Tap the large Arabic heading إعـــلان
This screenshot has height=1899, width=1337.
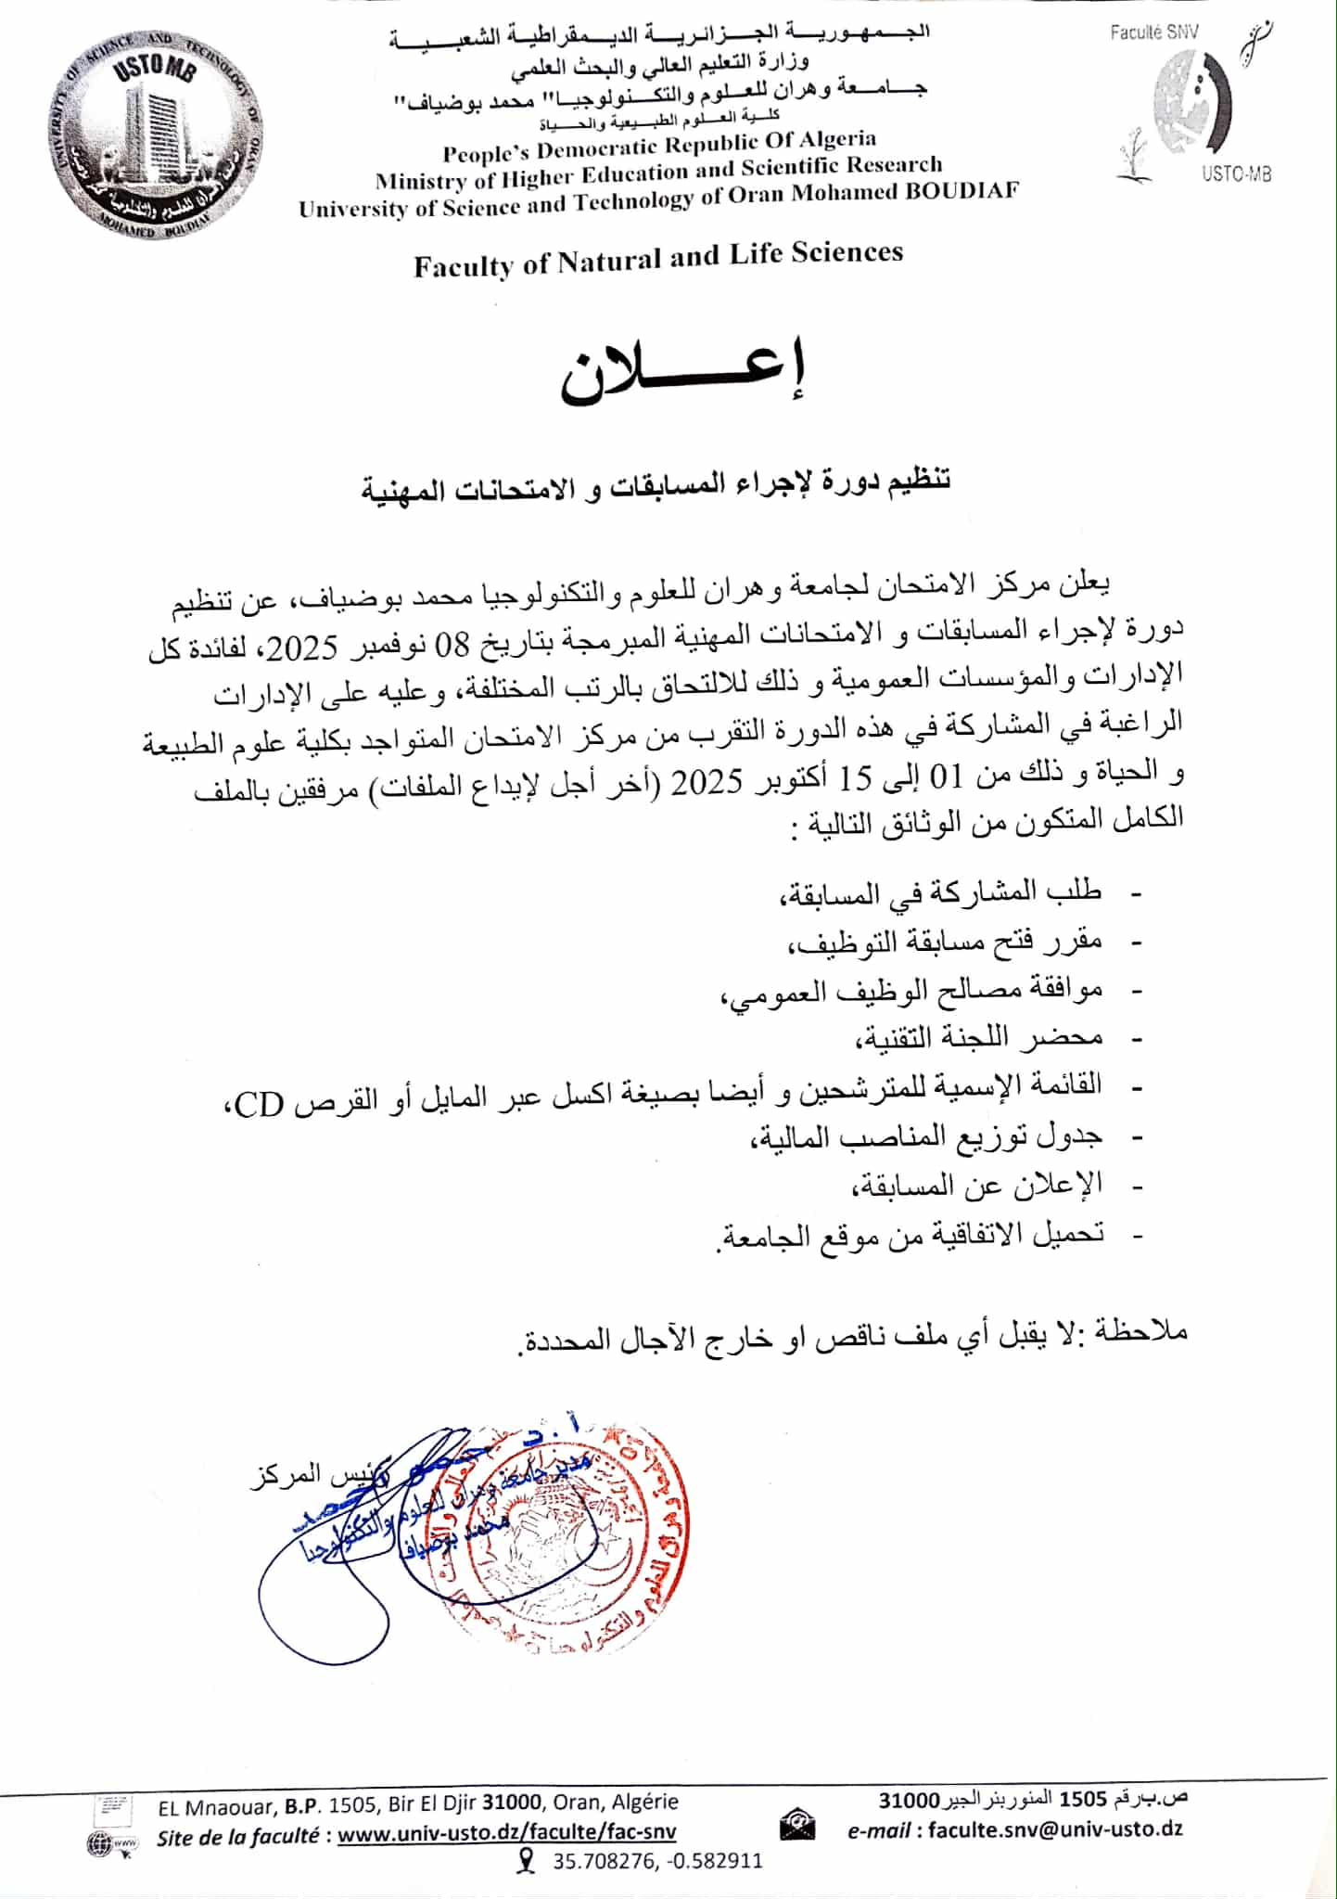681,376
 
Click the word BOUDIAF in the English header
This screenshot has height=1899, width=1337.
961,192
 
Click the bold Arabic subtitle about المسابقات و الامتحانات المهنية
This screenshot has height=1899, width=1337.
656,486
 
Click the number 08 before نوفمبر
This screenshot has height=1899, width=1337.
453,645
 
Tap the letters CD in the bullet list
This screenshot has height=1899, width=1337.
258,1105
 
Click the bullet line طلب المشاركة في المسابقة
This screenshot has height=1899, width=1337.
939,892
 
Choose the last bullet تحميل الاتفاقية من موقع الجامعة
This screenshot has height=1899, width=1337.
910,1235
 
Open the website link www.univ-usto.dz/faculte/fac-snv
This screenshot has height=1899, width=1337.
506,1833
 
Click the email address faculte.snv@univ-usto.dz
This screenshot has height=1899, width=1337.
1055,1828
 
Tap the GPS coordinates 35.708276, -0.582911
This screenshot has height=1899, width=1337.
657,1861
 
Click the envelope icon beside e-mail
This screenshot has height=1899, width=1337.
797,1828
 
